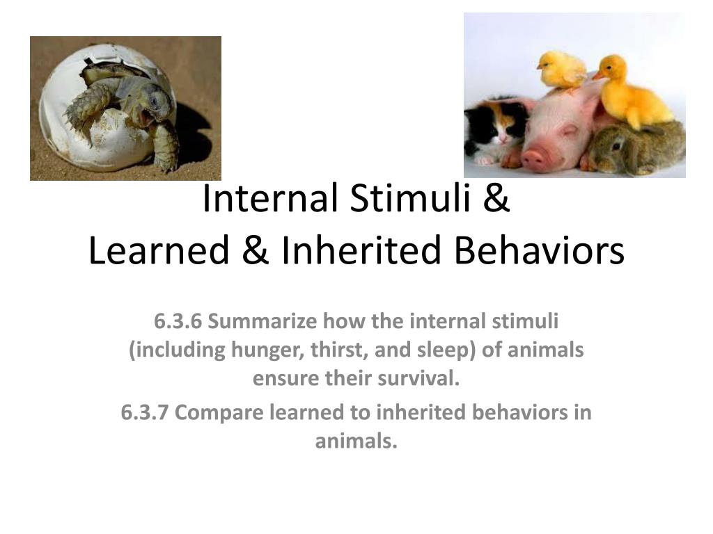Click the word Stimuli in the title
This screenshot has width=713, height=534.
coord(410,198)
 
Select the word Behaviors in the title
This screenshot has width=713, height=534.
coord(540,250)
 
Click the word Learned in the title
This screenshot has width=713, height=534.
coord(159,250)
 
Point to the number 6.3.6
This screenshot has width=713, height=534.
coord(178,321)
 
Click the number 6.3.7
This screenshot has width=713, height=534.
coord(145,412)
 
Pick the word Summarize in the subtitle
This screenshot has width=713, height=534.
coord(263,321)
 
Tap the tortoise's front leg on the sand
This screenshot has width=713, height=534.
coord(164,145)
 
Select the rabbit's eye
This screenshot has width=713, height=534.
coord(617,146)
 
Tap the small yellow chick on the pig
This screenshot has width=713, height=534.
coord(561,70)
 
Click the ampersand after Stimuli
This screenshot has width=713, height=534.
coord(496,198)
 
